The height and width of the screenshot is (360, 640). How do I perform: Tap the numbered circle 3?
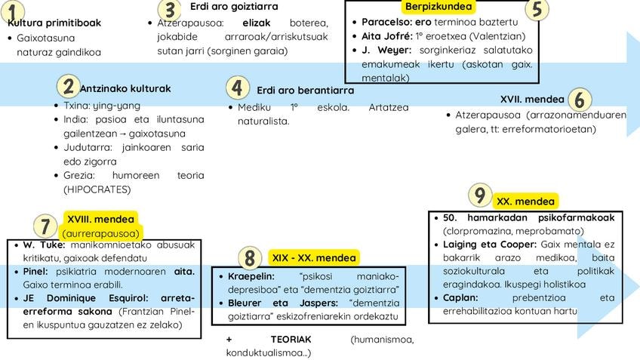(x=171, y=10)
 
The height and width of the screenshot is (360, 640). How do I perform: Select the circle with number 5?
(x=537, y=9)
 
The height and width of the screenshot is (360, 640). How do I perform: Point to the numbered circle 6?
(x=579, y=100)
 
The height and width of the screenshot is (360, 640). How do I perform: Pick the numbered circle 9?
(x=480, y=195)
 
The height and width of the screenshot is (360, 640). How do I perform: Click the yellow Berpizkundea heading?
(x=438, y=7)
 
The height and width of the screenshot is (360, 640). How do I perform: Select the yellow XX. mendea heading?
(x=525, y=202)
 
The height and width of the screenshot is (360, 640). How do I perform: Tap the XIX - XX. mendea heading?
(x=312, y=258)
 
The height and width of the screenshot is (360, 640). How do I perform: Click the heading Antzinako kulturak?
(x=125, y=88)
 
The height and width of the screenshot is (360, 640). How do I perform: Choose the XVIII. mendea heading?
(x=100, y=220)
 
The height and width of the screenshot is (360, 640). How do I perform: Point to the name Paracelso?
(x=386, y=22)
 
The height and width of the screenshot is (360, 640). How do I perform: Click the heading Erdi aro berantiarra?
(x=305, y=91)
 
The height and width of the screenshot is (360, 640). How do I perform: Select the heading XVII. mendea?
(x=531, y=99)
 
